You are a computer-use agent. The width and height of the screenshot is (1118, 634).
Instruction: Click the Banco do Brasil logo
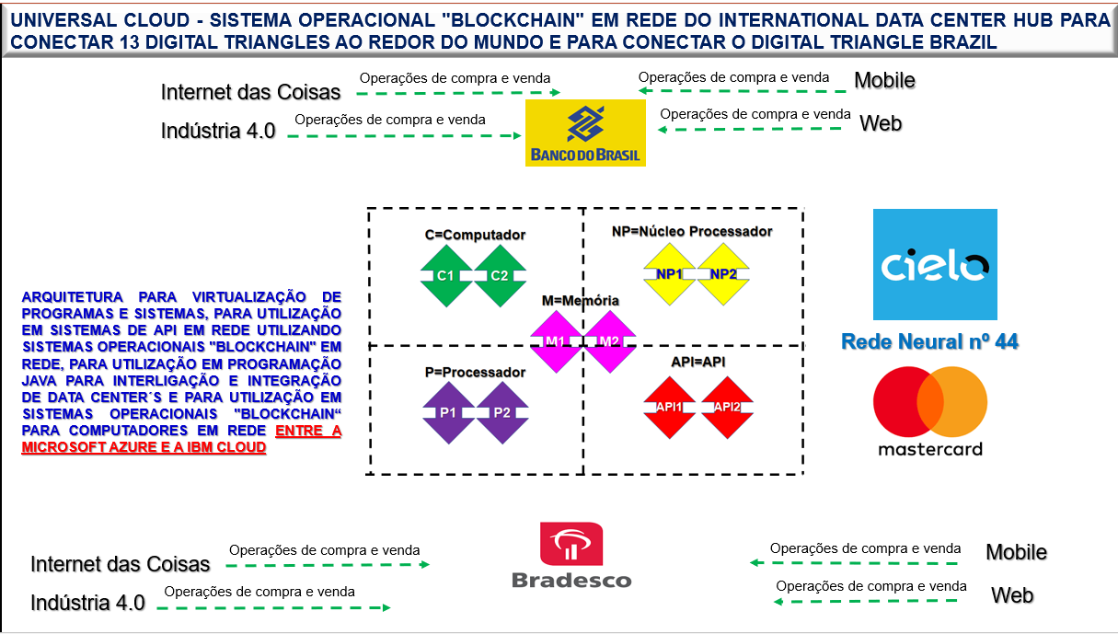(x=584, y=133)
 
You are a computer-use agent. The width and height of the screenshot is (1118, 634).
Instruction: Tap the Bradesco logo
(x=571, y=555)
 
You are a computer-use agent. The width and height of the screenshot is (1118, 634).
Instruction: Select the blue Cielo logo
(x=934, y=263)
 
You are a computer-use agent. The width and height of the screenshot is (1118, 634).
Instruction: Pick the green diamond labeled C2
(x=500, y=275)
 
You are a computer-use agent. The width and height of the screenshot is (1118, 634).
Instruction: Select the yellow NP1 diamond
(x=670, y=274)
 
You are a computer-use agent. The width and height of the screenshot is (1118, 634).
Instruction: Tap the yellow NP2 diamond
(x=724, y=274)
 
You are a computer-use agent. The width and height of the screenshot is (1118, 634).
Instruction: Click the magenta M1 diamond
(x=555, y=341)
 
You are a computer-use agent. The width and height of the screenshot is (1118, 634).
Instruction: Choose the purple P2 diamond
(x=501, y=412)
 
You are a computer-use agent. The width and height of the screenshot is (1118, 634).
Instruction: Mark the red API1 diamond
(x=670, y=407)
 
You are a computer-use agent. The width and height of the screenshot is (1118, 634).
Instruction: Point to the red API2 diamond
(x=727, y=407)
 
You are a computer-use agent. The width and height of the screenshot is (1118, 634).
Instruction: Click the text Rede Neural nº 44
(x=929, y=342)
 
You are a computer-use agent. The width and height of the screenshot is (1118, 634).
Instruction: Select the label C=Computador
(x=475, y=235)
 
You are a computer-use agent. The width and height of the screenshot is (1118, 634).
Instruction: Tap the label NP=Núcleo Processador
(x=692, y=231)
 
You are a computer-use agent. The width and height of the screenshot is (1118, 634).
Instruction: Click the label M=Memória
(x=580, y=301)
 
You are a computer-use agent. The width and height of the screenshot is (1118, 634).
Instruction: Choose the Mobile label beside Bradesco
(x=1016, y=552)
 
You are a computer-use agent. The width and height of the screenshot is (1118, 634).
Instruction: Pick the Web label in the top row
(x=880, y=123)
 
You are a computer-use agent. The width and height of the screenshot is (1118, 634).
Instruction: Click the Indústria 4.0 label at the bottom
(x=87, y=604)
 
